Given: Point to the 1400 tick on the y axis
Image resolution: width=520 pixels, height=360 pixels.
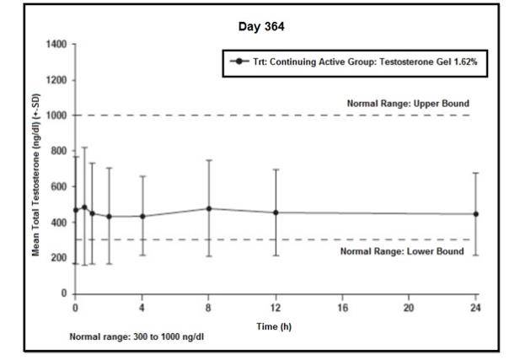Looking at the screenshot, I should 56,44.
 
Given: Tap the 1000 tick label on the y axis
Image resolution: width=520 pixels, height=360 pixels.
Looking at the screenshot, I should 56,116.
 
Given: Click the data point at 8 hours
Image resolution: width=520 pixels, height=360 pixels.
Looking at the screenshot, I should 209,208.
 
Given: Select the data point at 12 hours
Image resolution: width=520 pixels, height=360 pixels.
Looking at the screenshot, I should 276,212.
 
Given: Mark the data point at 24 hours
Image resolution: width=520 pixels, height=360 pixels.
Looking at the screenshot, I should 476,214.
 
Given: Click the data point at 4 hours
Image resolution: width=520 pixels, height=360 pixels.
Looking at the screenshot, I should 142,216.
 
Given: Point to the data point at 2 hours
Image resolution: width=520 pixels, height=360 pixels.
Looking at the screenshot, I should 109,216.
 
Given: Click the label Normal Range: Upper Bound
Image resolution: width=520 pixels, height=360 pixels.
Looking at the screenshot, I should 408,104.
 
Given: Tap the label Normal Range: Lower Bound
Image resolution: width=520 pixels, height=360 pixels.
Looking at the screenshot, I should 401,251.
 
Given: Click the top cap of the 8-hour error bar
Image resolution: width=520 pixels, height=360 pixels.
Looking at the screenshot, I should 209,160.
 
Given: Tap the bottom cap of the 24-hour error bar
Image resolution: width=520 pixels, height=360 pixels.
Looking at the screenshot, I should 476,255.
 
